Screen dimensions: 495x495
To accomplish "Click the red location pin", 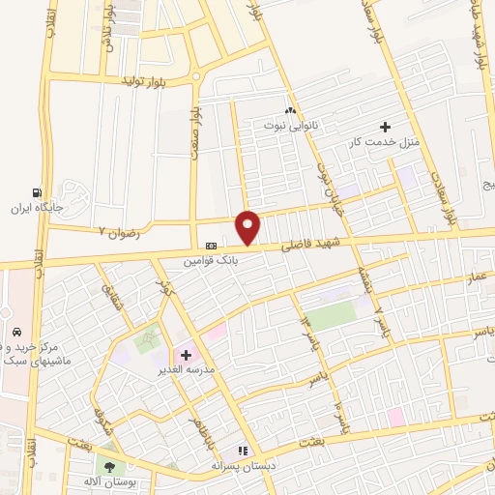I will click(248, 227).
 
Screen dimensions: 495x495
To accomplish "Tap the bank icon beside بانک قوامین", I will click(211, 247).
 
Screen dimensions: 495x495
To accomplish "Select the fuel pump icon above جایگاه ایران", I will click(37, 192).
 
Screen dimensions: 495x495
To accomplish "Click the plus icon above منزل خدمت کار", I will click(385, 127).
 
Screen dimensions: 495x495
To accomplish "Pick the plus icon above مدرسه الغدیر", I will click(186, 355).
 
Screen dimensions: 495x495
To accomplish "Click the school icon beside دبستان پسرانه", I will click(244, 451).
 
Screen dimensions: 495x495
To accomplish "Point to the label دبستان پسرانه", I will click(245, 465).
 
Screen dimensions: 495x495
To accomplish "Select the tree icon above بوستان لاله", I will click(107, 467).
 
